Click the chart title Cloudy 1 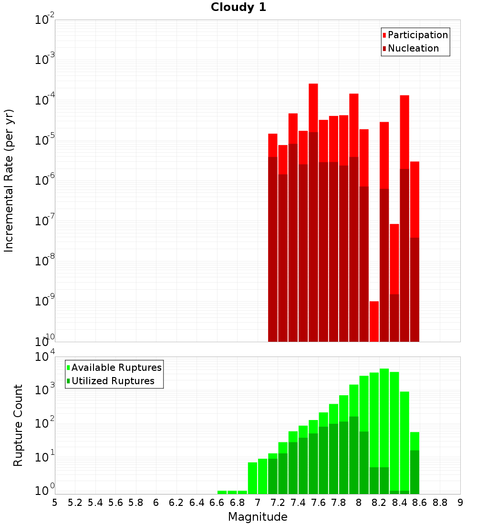tap(238, 7)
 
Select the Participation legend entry tap(417, 35)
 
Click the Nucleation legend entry tap(413, 48)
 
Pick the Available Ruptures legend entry tap(116, 367)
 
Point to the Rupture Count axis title tap(18, 425)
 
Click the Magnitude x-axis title tap(258, 517)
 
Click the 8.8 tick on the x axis tap(440, 503)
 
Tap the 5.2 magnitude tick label tap(75, 503)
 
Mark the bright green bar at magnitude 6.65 tap(222, 492)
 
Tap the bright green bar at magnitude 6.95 tap(252, 477)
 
